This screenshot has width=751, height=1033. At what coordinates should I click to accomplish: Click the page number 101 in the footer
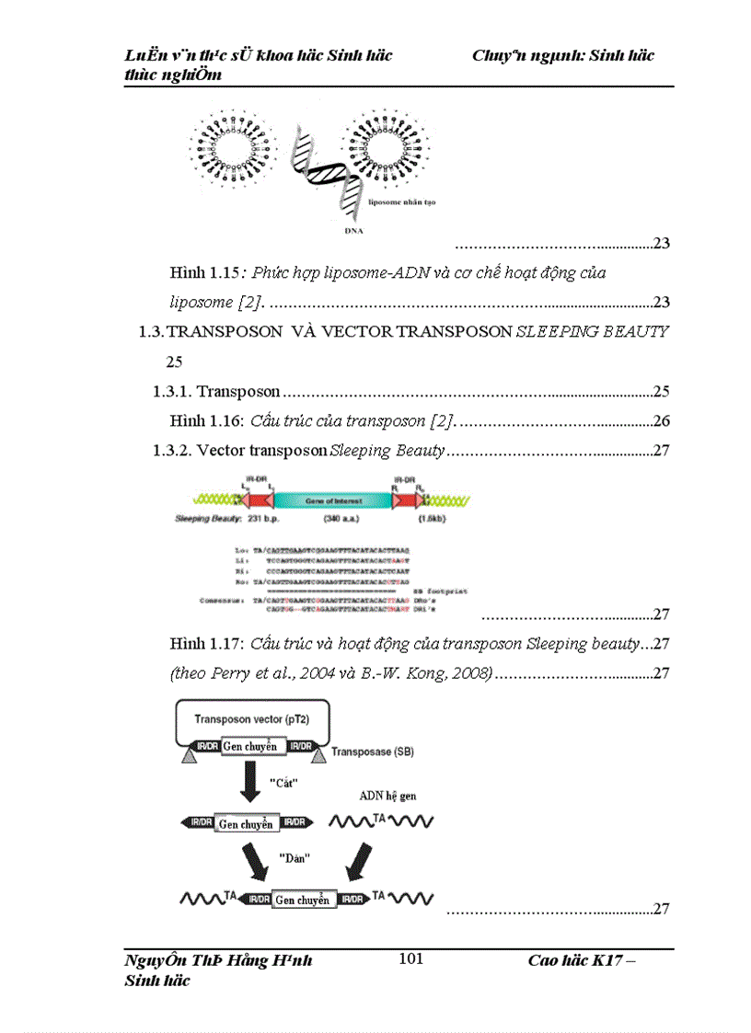pyautogui.click(x=410, y=959)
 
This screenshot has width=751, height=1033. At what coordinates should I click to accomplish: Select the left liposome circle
pyautogui.click(x=235, y=145)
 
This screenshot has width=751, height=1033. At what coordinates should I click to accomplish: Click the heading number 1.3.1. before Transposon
pyautogui.click(x=173, y=391)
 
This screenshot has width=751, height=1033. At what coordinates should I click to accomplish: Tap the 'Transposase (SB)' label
pyautogui.click(x=373, y=752)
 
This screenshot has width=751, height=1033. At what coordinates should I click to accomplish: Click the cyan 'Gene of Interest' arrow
pyautogui.click(x=331, y=500)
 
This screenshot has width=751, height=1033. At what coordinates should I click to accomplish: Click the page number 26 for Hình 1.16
pyautogui.click(x=660, y=421)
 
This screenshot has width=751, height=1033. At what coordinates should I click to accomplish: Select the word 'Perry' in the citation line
pyautogui.click(x=231, y=673)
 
